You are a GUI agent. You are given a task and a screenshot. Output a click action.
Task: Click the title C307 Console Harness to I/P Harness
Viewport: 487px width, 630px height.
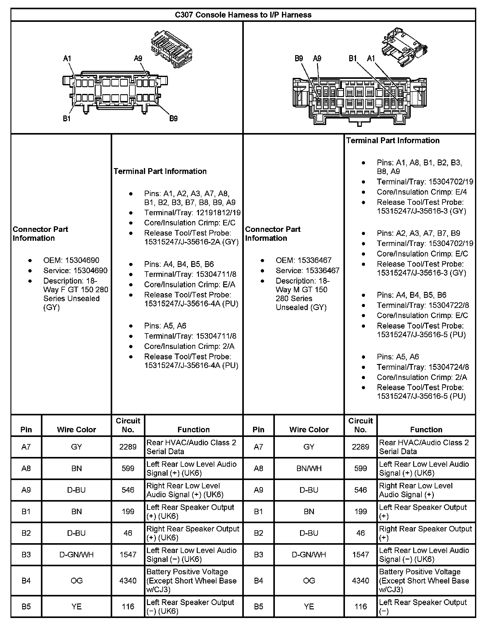click(243, 15)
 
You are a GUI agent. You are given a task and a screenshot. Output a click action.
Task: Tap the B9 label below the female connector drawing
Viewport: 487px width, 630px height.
click(173, 119)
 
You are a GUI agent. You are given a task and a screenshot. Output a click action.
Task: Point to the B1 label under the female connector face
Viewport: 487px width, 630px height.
click(67, 119)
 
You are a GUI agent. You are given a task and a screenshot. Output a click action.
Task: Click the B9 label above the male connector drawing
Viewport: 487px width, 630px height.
click(299, 58)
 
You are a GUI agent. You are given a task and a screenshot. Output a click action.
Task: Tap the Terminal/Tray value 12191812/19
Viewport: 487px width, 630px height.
click(218, 212)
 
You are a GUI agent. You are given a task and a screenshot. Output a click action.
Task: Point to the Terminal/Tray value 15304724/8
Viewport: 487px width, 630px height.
click(449, 367)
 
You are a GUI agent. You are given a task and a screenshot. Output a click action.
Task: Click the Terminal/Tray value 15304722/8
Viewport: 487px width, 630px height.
click(449, 305)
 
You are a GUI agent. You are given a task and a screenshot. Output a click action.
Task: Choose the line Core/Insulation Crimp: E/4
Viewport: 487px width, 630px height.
click(422, 192)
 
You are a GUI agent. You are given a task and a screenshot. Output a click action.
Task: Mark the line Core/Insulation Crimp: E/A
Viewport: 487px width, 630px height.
click(189, 284)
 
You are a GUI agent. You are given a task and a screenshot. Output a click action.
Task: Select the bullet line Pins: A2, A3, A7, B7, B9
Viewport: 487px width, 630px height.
click(418, 233)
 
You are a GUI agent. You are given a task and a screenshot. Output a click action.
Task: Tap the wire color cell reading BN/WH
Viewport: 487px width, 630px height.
click(309, 468)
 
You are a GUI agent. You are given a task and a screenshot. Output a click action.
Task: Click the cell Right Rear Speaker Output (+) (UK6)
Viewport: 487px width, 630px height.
click(193, 533)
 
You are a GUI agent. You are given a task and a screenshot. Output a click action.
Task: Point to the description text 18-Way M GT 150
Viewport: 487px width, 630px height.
click(302, 285)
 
